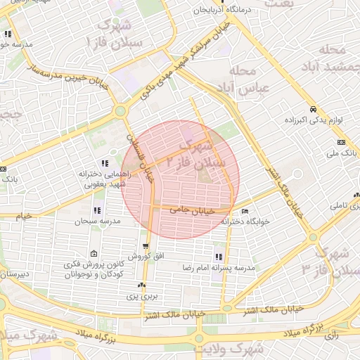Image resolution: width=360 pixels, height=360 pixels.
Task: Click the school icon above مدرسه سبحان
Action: (x=96, y=210)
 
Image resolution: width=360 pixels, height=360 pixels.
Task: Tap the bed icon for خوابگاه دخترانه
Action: (x=245, y=211)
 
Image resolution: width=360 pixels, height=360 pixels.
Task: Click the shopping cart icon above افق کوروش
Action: (x=146, y=246)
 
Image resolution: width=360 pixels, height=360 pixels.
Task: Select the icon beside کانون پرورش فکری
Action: (x=94, y=254)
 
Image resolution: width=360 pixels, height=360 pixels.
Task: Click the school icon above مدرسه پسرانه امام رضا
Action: (x=219, y=257)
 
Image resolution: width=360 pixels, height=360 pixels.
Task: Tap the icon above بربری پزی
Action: (x=142, y=285)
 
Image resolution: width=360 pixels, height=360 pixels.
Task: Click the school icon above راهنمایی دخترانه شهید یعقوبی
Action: (x=105, y=163)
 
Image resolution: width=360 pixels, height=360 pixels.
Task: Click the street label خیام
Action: (x=24, y=217)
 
